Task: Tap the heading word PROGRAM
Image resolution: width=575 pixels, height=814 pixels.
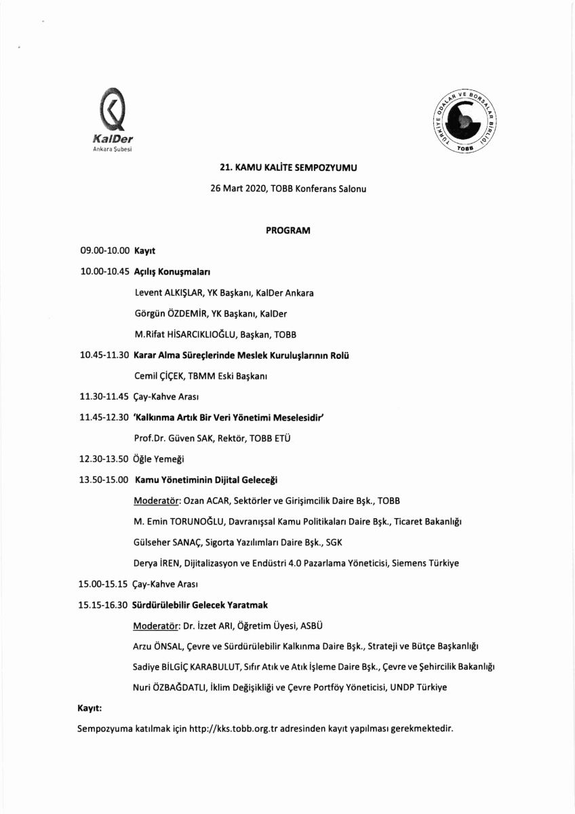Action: coord(287,231)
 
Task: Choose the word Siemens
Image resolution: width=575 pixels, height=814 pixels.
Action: coord(419,563)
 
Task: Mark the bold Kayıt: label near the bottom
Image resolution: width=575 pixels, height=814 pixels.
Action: coord(90,709)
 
